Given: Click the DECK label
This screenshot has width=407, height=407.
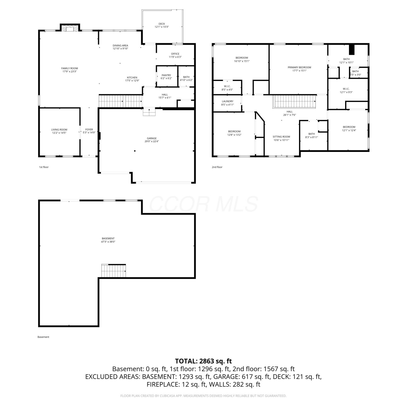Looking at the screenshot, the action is [162, 24].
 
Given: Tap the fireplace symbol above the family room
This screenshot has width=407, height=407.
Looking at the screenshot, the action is [70, 28].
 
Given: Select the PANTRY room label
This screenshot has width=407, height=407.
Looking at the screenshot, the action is [166, 75].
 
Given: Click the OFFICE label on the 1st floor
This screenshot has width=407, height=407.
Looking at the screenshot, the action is [175, 54].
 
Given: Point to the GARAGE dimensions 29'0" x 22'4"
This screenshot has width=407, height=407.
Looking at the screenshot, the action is [152, 141].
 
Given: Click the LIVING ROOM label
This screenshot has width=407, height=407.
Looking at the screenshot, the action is [59, 130].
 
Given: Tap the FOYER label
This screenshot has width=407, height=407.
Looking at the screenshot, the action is [89, 130].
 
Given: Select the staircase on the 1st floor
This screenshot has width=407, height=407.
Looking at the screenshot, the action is [120, 101].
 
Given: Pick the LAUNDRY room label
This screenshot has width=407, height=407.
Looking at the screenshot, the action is [227, 101].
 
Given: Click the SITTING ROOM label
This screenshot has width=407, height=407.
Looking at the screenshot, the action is [281, 137].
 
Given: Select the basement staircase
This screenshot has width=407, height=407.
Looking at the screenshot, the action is [114, 271].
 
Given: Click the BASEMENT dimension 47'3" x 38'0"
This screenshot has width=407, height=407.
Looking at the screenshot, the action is [108, 242].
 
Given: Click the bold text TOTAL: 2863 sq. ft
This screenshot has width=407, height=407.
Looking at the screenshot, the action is [203, 361].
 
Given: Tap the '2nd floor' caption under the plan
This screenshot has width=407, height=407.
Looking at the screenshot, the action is [217, 167].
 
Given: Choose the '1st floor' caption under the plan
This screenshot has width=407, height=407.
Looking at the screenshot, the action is [44, 167].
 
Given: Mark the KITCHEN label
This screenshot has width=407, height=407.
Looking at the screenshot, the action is [132, 78].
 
